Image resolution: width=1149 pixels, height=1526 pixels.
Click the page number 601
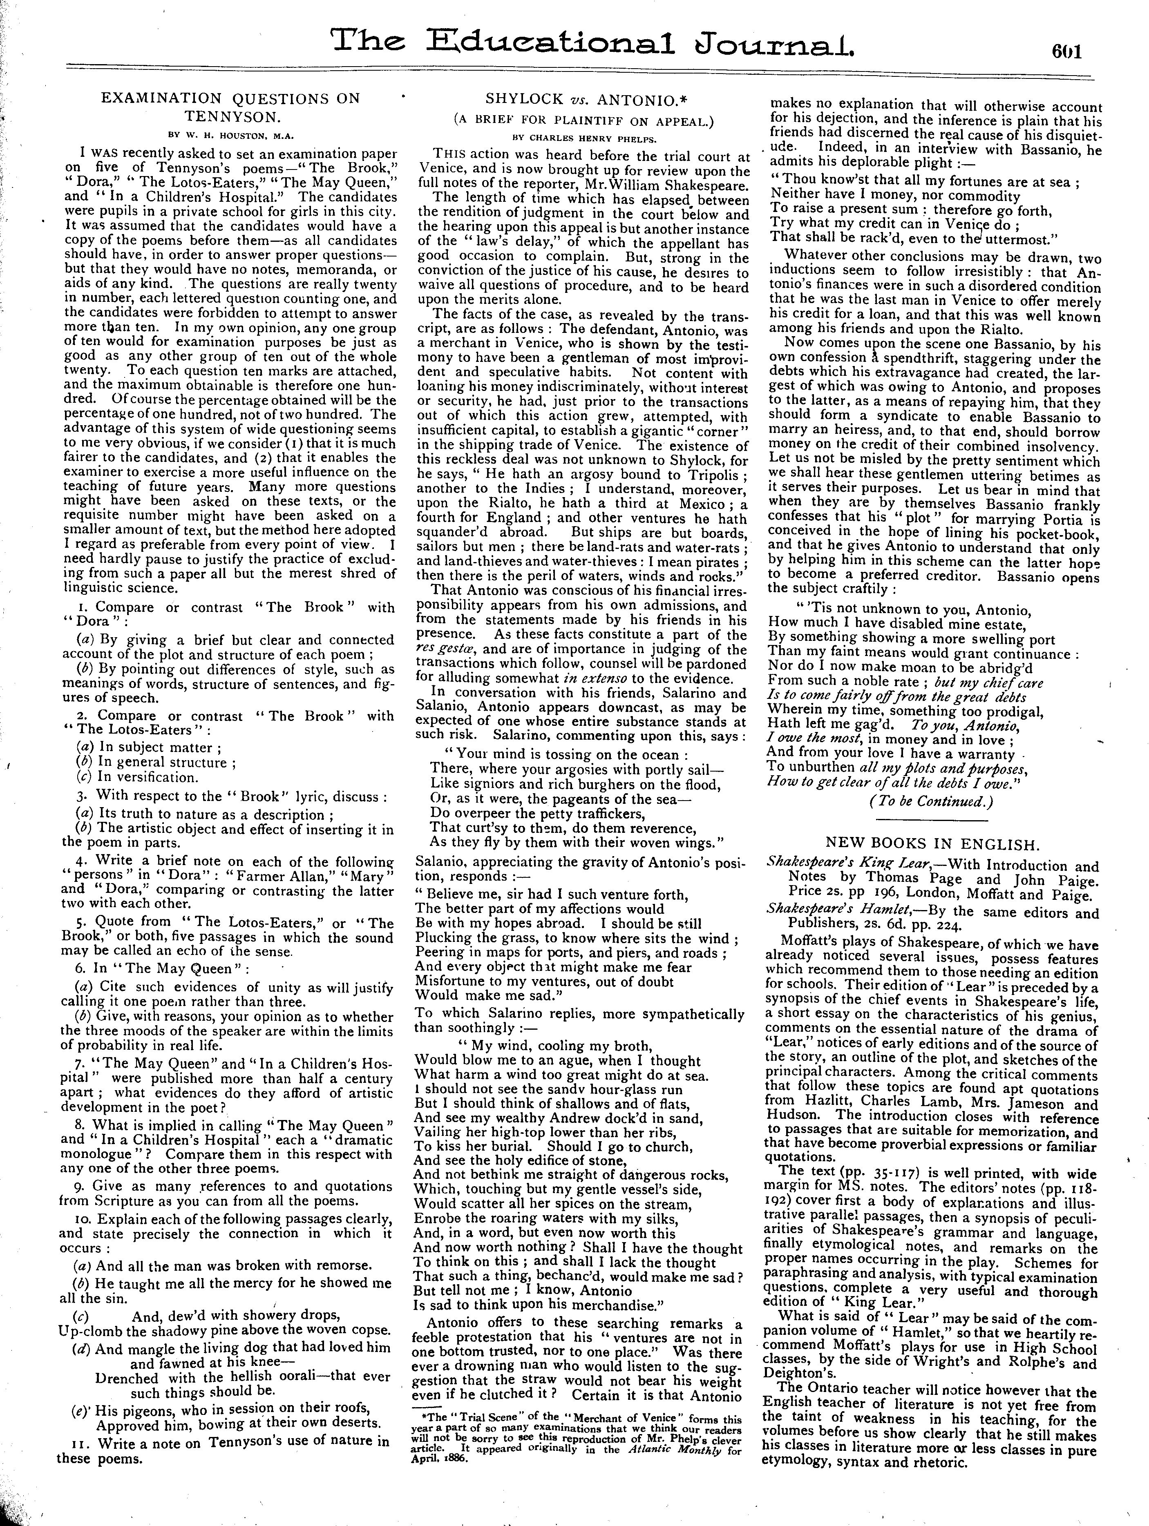coord(1066,52)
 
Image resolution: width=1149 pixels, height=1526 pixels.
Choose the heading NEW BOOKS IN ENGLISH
coord(932,844)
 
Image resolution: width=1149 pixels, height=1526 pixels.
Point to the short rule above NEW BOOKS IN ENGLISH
coord(932,821)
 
